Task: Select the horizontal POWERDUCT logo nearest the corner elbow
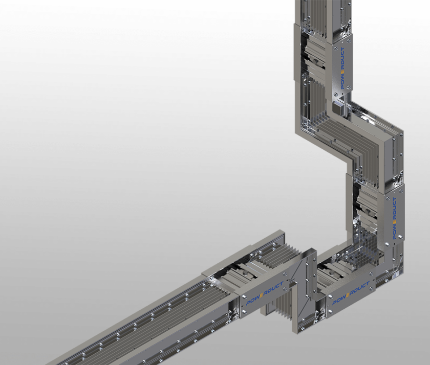tap(351, 293)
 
